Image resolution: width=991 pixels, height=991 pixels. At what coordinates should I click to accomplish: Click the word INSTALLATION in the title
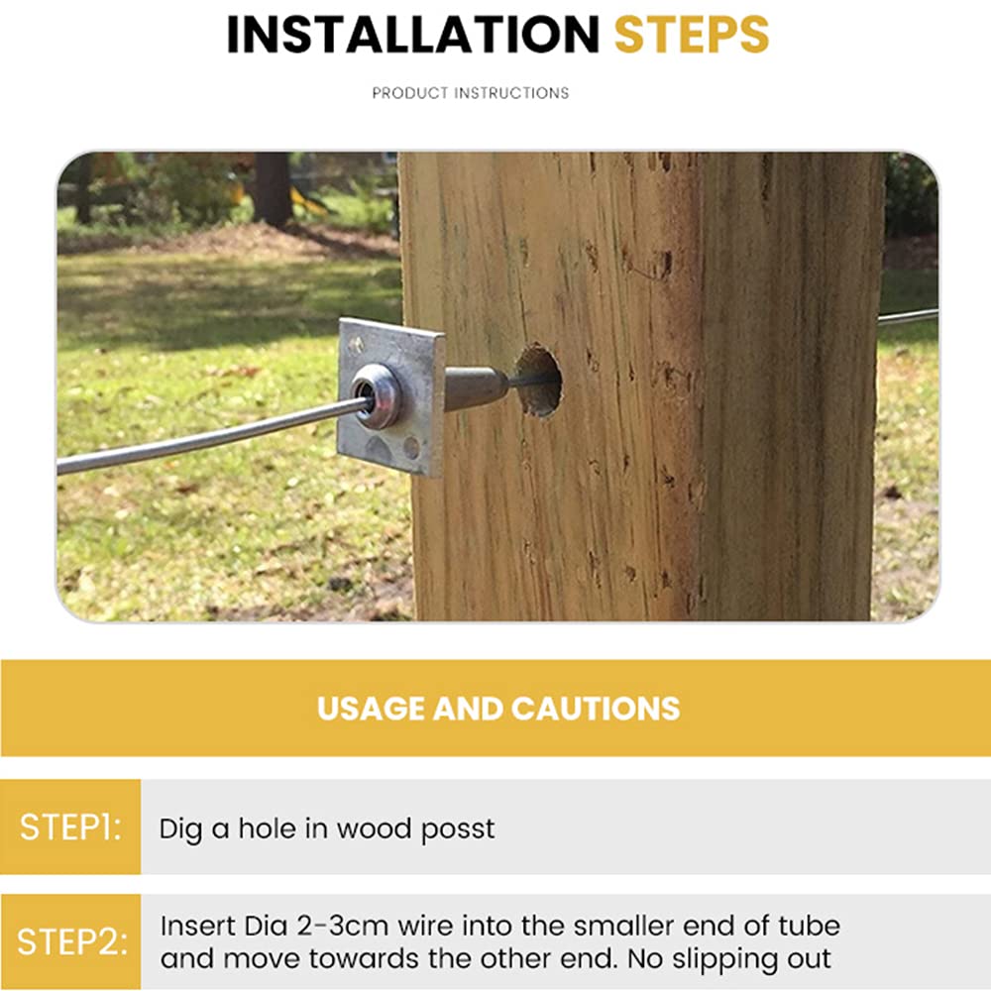[412, 34]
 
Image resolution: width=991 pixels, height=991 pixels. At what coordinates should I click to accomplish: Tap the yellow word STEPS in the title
[692, 34]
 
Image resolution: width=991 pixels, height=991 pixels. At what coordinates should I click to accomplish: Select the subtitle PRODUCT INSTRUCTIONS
[470, 93]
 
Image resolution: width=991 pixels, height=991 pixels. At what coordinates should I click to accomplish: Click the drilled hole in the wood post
[538, 382]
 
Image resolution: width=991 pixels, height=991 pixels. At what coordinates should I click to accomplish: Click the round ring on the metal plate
[378, 395]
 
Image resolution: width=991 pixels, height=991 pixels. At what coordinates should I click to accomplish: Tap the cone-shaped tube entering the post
[477, 387]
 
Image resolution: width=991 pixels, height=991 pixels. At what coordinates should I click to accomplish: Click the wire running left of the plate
[208, 437]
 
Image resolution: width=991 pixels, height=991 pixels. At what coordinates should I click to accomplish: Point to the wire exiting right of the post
[907, 317]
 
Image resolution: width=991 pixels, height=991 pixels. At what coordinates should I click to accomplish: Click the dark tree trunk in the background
[273, 189]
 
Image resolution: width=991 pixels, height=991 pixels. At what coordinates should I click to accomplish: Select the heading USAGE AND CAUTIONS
[498, 709]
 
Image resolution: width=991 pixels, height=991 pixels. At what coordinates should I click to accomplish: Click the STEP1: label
[70, 826]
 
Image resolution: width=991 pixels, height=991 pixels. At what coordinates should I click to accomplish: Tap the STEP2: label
[71, 941]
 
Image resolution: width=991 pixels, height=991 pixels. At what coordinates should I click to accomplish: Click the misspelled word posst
[458, 829]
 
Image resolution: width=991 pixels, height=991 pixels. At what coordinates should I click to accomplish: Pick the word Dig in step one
[180, 829]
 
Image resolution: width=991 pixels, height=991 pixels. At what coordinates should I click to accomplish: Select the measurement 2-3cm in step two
[342, 926]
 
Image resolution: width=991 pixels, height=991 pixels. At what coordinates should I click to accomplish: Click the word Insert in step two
[197, 926]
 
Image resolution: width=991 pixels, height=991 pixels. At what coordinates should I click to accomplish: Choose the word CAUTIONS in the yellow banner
[596, 709]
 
